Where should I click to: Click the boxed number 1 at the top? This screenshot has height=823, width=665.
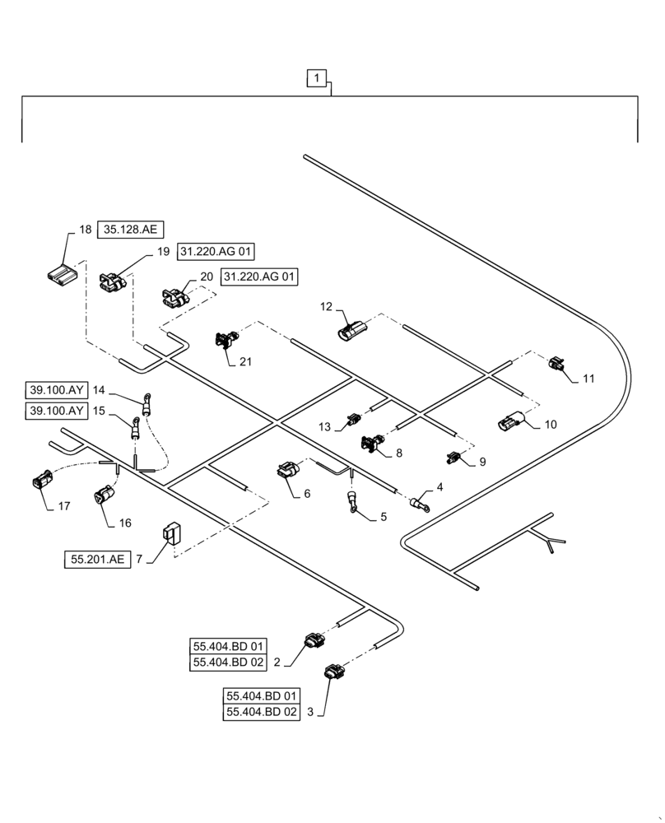click(x=318, y=79)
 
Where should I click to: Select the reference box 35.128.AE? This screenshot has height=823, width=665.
click(x=127, y=230)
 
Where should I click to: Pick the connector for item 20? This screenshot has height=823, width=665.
click(x=173, y=297)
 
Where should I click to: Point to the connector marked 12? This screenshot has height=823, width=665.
click(x=351, y=329)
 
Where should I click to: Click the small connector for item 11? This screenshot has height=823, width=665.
click(x=558, y=365)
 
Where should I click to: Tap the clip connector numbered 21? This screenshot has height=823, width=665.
click(x=226, y=340)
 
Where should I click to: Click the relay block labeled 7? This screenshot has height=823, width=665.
click(x=171, y=535)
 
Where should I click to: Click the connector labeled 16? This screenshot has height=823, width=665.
click(x=104, y=497)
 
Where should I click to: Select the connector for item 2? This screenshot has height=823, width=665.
click(x=315, y=640)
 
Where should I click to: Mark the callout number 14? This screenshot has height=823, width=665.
click(x=100, y=390)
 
